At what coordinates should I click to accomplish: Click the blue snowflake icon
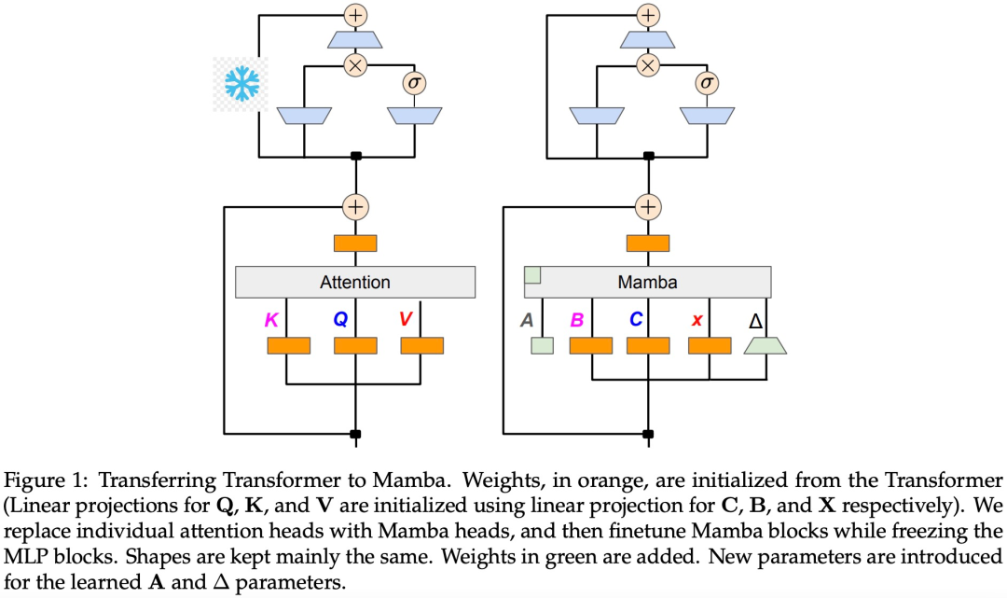click(241, 84)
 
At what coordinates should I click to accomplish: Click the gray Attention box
click(355, 282)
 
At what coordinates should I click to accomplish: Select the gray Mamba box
click(647, 282)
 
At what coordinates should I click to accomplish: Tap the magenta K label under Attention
click(271, 320)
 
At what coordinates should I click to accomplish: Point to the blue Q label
click(340, 320)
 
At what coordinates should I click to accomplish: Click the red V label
click(406, 320)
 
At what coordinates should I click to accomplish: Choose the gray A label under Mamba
click(527, 320)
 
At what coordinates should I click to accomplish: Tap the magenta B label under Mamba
click(576, 320)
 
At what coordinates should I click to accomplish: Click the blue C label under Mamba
click(635, 320)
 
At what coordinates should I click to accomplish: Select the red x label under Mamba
click(697, 320)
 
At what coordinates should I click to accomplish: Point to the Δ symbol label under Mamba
click(756, 321)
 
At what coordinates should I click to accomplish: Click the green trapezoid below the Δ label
click(766, 346)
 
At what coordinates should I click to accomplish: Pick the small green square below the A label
click(542, 346)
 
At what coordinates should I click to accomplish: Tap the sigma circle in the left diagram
click(413, 84)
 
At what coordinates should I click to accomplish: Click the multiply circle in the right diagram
click(647, 64)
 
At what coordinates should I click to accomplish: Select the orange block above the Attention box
click(355, 243)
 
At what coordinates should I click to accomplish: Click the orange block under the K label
click(289, 346)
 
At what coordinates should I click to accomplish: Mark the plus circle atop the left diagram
click(355, 14)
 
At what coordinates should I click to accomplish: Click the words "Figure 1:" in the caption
click(46, 480)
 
